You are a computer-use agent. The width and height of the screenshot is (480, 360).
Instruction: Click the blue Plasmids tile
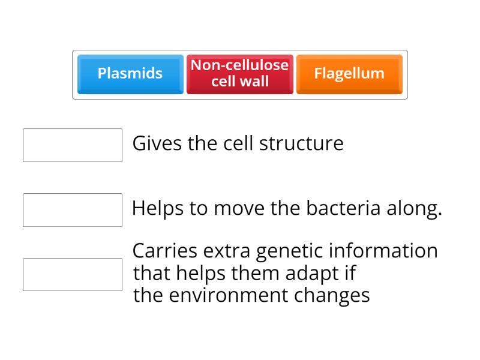(x=130, y=74)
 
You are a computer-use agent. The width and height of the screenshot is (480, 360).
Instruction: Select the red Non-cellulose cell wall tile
(x=240, y=74)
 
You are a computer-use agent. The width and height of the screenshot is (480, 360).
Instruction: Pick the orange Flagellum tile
(x=349, y=74)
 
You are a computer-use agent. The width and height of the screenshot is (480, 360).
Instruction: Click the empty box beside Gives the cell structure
(x=73, y=145)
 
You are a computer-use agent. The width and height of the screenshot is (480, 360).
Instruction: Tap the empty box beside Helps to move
(x=73, y=210)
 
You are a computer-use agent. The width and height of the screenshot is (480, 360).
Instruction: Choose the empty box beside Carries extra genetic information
(x=73, y=274)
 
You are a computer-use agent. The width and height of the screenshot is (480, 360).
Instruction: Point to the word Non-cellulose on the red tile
(x=240, y=65)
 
